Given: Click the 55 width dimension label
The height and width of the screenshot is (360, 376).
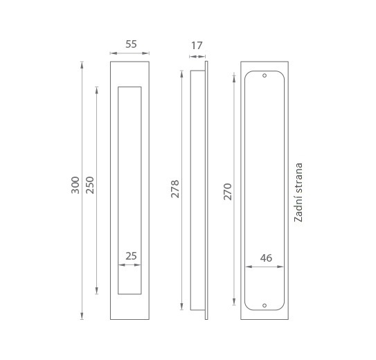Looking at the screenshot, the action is [131, 44].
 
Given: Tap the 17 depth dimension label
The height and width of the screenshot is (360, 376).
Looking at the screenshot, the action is [197, 46].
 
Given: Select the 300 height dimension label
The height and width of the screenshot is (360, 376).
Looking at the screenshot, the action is [75, 185].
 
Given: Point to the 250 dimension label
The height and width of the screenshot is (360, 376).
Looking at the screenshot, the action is [90, 185].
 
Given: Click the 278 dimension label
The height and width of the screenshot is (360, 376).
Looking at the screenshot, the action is [175, 189].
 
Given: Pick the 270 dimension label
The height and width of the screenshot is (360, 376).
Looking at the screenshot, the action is [228, 192].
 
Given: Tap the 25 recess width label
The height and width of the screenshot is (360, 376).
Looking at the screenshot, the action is [131, 256].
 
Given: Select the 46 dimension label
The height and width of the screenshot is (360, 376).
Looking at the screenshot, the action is [266, 258].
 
